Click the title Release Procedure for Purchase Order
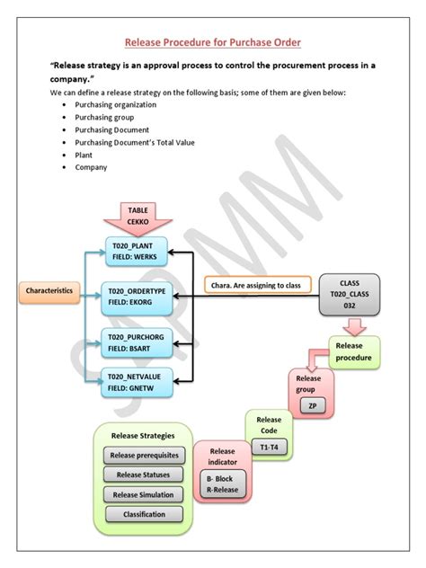tap(212, 42)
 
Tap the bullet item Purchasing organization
tap(115, 104)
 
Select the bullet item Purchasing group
tap(103, 117)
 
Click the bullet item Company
tap(92, 167)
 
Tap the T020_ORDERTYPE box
tap(137, 297)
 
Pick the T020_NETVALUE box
tap(137, 382)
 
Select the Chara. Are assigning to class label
tap(256, 286)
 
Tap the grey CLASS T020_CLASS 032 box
tap(350, 295)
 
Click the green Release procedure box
tap(354, 351)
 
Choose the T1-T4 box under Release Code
tap(269, 447)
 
